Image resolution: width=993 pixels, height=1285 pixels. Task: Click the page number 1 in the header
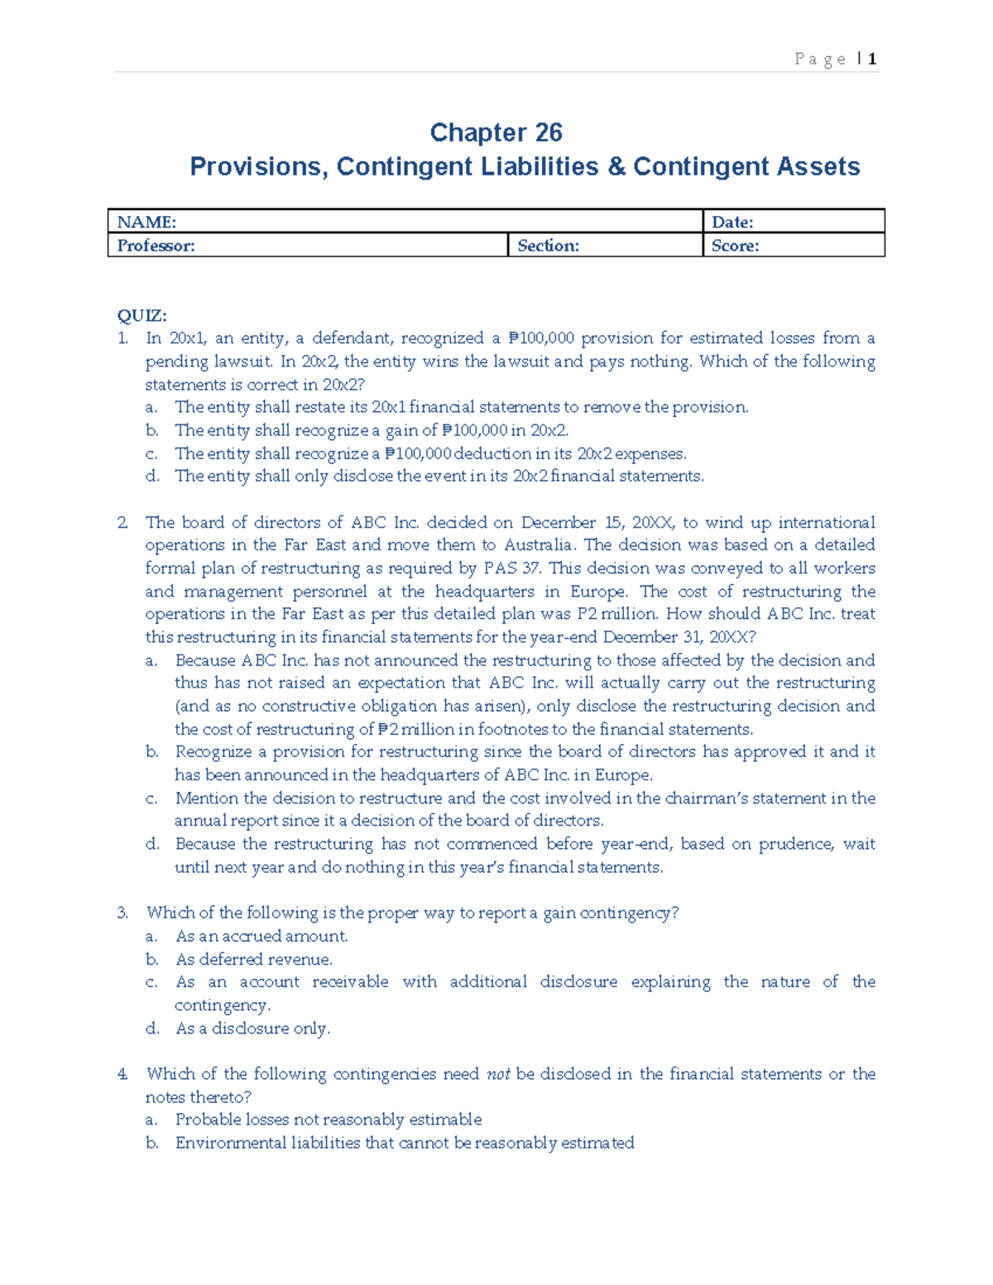[x=872, y=59]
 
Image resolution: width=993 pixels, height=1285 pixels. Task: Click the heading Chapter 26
[x=496, y=132]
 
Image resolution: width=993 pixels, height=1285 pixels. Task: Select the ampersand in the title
[x=616, y=166]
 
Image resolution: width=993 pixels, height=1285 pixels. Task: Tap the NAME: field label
[x=146, y=222]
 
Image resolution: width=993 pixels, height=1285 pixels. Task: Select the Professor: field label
[x=156, y=246]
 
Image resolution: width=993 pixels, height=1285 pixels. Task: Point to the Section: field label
[x=548, y=246]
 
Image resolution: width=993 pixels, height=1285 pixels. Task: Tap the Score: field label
[x=735, y=246]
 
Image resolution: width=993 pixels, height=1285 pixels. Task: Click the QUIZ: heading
[x=142, y=315]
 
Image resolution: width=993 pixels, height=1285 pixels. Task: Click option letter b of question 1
[x=151, y=430]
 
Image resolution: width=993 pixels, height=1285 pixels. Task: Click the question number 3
[x=122, y=913]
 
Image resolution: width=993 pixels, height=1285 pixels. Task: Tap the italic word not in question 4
[x=498, y=1074]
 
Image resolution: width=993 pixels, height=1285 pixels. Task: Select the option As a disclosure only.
[x=252, y=1028]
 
